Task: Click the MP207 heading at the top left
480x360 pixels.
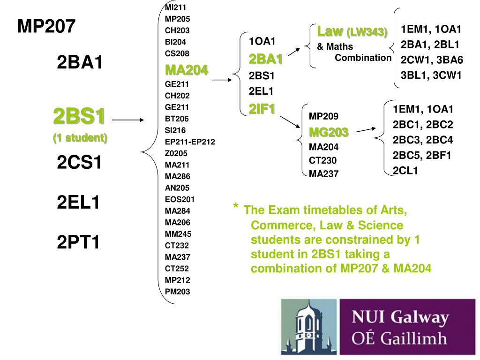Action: click(x=46, y=27)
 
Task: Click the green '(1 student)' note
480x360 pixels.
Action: click(x=80, y=138)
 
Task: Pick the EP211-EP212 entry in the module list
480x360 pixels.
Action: click(x=190, y=141)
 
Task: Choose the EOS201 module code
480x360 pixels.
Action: click(x=180, y=199)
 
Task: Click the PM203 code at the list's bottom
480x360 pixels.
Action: click(x=178, y=291)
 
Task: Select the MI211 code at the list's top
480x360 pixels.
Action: click(x=175, y=7)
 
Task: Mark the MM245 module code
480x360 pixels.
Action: click(x=178, y=233)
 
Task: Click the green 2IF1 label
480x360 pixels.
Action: click(x=262, y=108)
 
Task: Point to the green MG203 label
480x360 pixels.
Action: click(x=329, y=132)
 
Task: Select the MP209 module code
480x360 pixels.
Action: click(x=323, y=116)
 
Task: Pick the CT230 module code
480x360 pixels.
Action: click(x=322, y=160)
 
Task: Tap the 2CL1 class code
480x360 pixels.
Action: click(x=405, y=171)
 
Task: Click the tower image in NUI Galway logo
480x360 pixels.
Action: click(x=308, y=326)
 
